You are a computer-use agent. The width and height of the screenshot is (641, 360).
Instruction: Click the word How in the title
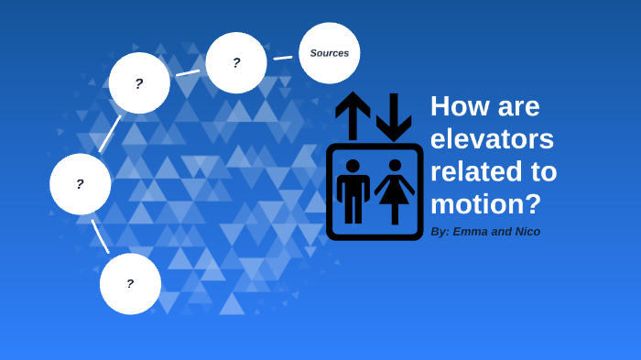coord(459,106)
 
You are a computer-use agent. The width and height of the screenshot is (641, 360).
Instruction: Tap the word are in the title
coord(516,106)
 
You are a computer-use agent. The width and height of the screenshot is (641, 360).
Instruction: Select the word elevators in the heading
coord(492,139)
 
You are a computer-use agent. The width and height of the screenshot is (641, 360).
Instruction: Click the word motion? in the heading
coord(485,203)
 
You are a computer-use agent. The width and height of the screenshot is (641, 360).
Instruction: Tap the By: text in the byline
coord(440,232)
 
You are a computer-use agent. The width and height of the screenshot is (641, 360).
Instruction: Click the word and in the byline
coord(502,232)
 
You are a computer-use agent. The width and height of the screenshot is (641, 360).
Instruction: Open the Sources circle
coord(330,53)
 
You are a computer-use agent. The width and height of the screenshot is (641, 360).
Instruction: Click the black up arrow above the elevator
coord(353,114)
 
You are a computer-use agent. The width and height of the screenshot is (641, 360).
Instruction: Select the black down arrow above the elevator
coord(394,115)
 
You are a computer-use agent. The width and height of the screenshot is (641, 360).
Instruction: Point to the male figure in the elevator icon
coord(353,191)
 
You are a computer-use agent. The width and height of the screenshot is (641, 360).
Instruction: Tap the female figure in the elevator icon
coord(395,191)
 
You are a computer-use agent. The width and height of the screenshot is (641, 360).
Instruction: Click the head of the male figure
coord(353,166)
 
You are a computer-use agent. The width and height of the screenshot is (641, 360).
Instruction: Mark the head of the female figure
coord(395,166)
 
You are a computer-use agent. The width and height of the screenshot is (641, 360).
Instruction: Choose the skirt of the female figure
coord(395,192)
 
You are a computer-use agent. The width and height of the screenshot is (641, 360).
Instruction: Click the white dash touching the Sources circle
coord(283,58)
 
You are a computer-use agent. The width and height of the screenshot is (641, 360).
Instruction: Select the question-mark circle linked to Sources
coord(236,63)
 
